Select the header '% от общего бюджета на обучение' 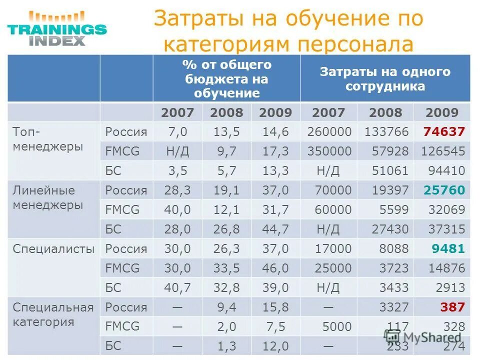[227, 78]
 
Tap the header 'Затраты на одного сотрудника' [385, 78]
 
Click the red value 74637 [444, 132]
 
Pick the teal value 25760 [444, 190]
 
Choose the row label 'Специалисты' [53, 249]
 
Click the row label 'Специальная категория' [53, 314]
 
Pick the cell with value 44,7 [275, 229]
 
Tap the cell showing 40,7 [177, 288]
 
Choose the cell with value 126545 [442, 151]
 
